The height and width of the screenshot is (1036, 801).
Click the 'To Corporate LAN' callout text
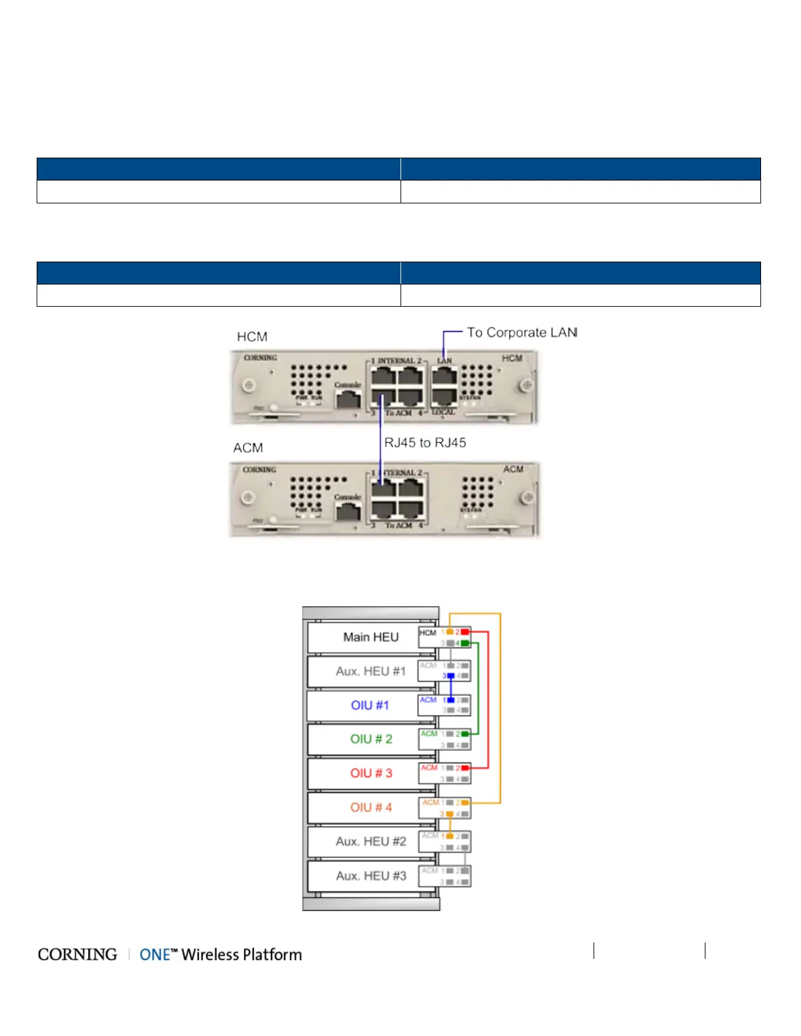(x=522, y=333)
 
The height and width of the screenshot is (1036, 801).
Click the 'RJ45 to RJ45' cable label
(x=425, y=443)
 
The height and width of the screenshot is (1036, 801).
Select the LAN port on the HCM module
(x=444, y=376)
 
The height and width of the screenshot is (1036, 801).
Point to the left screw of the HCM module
(x=249, y=385)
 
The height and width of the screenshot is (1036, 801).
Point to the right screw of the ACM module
(x=527, y=498)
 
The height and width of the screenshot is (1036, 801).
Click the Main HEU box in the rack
(x=370, y=637)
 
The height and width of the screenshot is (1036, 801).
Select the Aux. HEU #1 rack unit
(x=370, y=671)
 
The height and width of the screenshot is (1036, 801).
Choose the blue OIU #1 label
(x=370, y=705)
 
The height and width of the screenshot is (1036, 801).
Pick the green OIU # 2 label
(x=371, y=739)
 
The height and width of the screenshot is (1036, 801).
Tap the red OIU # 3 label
(x=371, y=773)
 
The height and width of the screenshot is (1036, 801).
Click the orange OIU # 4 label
(x=371, y=807)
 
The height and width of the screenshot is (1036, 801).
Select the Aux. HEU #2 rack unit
(x=370, y=841)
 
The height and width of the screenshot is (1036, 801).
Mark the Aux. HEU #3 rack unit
(x=370, y=876)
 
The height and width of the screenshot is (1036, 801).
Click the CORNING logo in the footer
(x=77, y=955)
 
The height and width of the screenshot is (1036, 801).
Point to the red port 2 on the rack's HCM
(x=465, y=632)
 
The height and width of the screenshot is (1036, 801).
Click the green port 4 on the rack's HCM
(x=465, y=644)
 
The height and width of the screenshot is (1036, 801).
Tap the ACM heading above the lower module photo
(x=248, y=448)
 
